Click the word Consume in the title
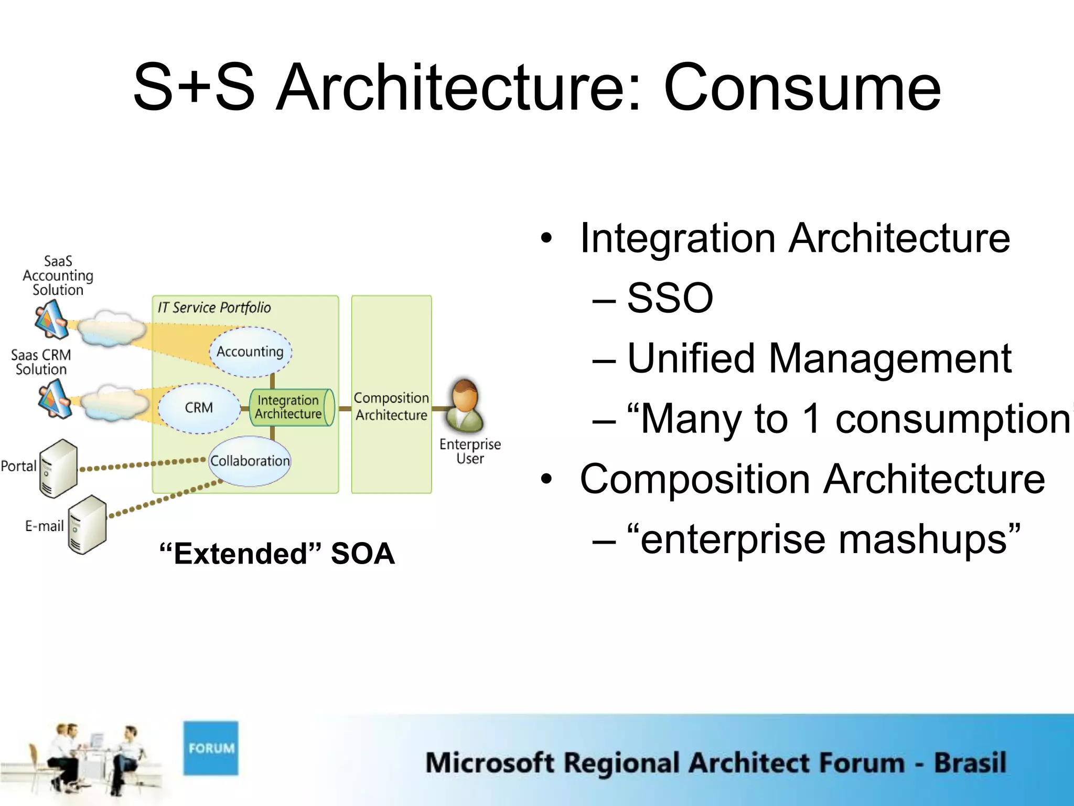802,88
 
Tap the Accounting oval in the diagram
250,352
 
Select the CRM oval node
199,408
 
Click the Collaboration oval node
250,461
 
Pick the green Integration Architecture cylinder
290,407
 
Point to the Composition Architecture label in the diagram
391,406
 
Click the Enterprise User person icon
465,405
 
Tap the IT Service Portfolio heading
214,307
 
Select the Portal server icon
58,468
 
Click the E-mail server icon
87,524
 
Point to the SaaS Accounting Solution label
58,275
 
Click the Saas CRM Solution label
41,362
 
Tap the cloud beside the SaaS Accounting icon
111,328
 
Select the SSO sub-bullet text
670,298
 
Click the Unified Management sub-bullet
819,358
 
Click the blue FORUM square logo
211,748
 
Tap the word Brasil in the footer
970,762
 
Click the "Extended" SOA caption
277,554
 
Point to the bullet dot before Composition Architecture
546,479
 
